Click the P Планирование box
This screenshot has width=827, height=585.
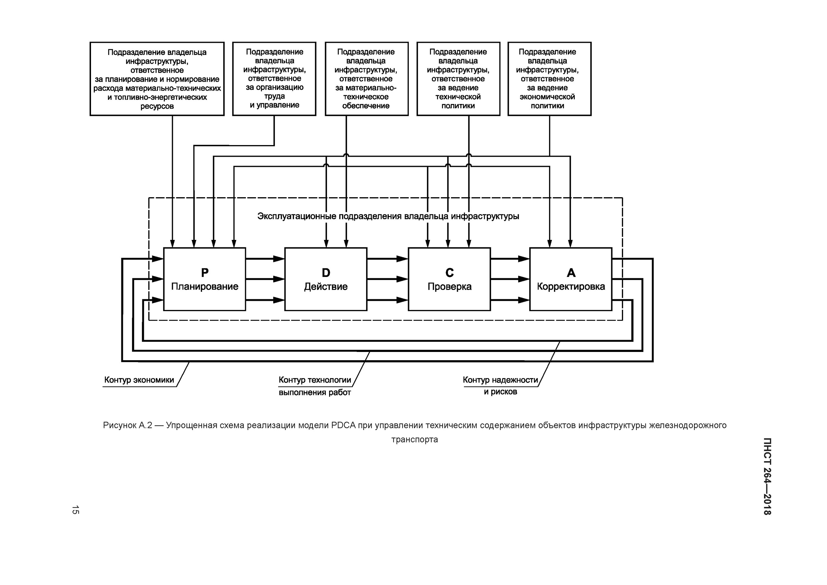(205, 279)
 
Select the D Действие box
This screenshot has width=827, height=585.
(326, 279)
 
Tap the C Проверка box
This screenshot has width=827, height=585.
(449, 279)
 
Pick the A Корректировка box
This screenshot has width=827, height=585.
(571, 279)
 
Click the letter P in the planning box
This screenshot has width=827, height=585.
(205, 273)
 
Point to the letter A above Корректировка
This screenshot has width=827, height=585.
(571, 273)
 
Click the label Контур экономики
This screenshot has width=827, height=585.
(139, 380)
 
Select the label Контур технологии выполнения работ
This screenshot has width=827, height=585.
(315, 386)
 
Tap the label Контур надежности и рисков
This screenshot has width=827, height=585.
(500, 386)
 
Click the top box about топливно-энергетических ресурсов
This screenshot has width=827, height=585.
(157, 79)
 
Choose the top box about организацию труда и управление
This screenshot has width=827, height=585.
(274, 79)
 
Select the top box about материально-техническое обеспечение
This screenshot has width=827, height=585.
(367, 79)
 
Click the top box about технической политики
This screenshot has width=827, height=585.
(458, 79)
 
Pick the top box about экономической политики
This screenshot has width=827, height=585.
(549, 79)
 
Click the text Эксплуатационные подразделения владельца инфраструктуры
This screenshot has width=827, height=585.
(388, 216)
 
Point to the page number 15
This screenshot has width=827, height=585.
(75, 510)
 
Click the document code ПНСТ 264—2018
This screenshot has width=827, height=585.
(767, 476)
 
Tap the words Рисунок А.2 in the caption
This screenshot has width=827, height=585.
(128, 425)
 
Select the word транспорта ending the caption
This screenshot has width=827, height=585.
(415, 440)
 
